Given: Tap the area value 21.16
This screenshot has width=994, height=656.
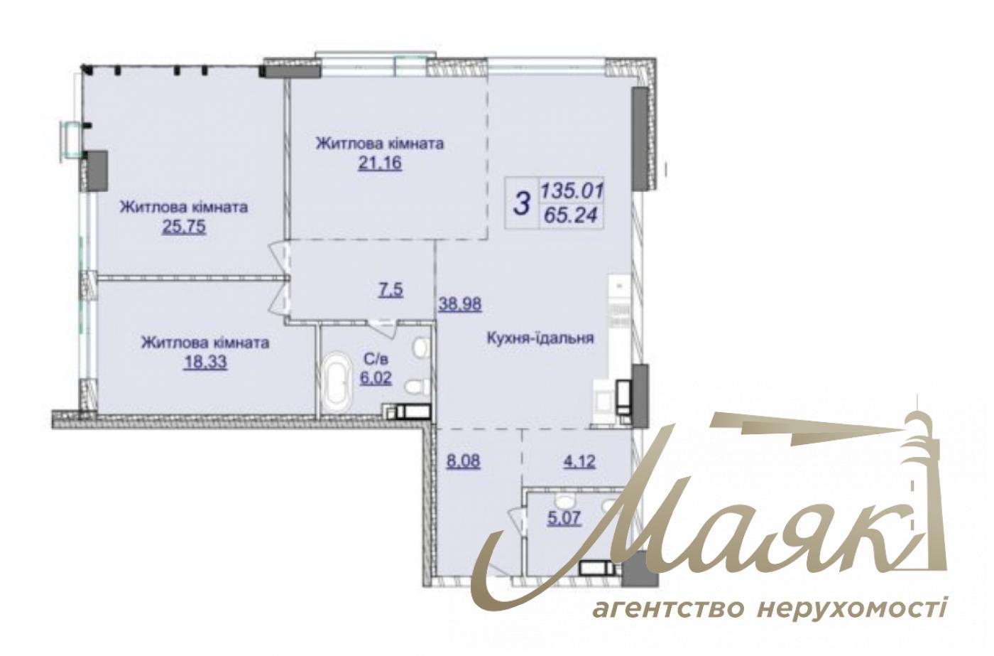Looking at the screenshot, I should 380,163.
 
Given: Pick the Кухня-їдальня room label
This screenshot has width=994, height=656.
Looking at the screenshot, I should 540,338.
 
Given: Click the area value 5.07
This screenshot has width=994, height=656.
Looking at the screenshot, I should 564,518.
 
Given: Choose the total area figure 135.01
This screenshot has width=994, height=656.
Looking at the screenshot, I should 572,190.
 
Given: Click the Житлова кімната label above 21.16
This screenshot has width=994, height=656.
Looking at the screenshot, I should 380,144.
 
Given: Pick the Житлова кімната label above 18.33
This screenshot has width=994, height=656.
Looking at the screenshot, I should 204,343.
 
